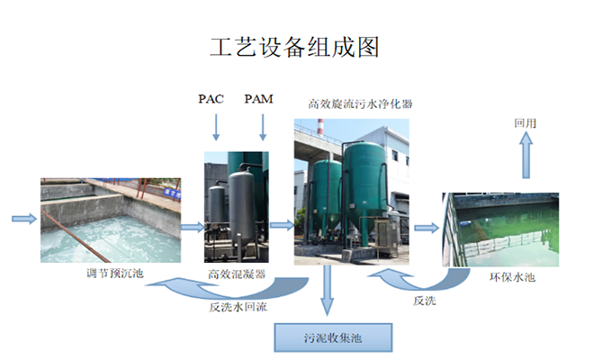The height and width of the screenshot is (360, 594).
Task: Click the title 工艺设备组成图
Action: [x=294, y=48]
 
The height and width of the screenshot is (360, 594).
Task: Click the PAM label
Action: [x=259, y=99]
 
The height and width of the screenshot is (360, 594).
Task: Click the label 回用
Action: [x=526, y=122]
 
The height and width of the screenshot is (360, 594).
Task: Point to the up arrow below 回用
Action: [x=526, y=160]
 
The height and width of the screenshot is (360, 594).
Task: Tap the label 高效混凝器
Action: [x=236, y=274]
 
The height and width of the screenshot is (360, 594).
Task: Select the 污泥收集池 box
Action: [x=334, y=338]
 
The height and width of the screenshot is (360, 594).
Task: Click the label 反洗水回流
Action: [x=236, y=306]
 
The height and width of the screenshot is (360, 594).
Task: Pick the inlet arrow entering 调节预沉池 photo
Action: [x=24, y=218]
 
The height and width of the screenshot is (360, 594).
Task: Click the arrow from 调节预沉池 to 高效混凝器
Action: [x=192, y=227]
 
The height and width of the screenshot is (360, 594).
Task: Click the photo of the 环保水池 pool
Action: [x=501, y=229]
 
